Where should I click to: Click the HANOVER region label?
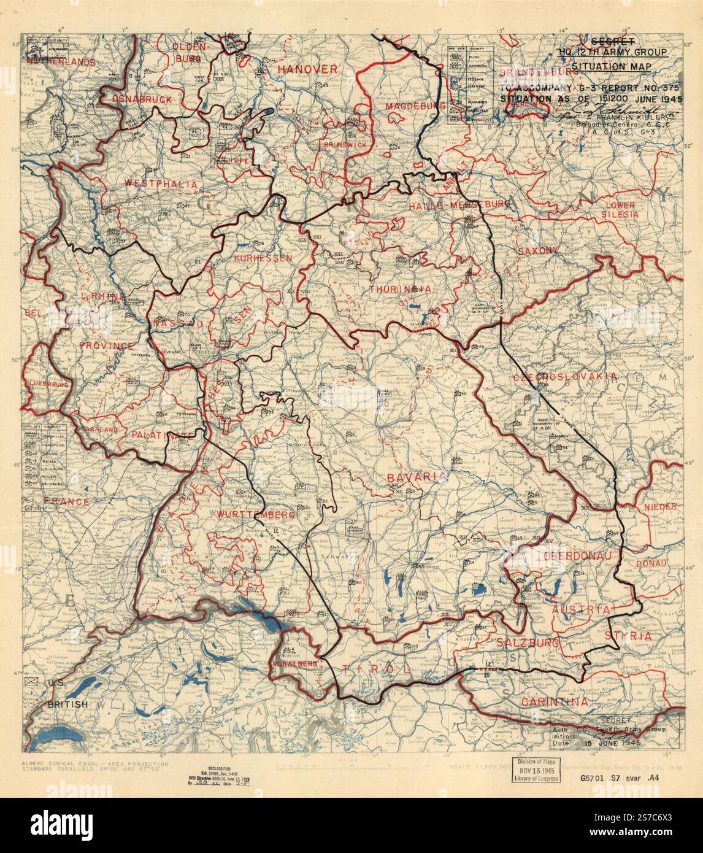coord(307,69)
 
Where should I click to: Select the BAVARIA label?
coord(415,476)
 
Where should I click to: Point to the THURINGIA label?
coord(400,288)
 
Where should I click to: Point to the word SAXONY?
coord(538,250)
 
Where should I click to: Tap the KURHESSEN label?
coord(263,258)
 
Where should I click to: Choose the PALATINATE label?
coord(157,434)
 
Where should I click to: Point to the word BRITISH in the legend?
coord(67,704)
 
